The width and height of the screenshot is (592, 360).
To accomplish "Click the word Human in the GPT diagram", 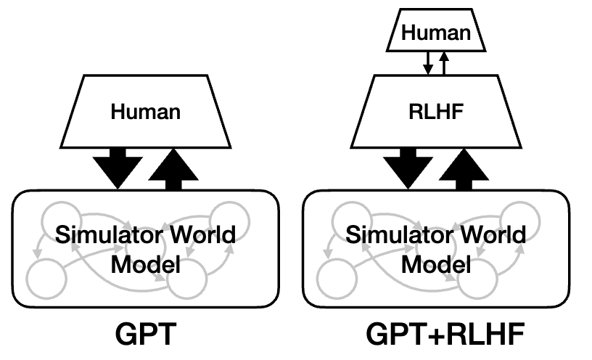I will [x=145, y=113].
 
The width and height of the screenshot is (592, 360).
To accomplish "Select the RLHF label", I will [x=437, y=113].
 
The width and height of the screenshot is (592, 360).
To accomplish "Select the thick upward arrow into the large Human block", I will [x=173, y=168].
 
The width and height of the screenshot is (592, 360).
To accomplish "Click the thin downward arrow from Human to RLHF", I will [x=428, y=63].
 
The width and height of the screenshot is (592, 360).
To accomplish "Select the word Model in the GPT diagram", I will [x=146, y=263].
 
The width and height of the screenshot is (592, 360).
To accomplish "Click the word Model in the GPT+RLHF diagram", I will [x=437, y=263].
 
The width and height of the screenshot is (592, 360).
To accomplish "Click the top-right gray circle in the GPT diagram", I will [x=230, y=218].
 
